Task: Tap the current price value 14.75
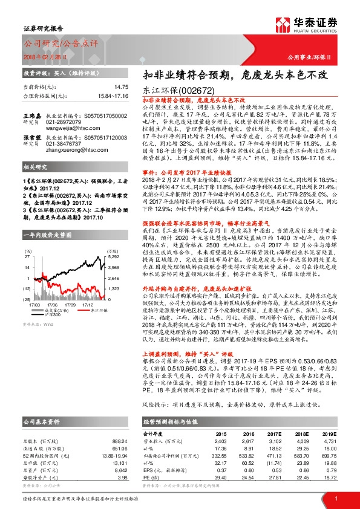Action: coord(122,87)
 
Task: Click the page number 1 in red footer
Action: coord(336,498)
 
